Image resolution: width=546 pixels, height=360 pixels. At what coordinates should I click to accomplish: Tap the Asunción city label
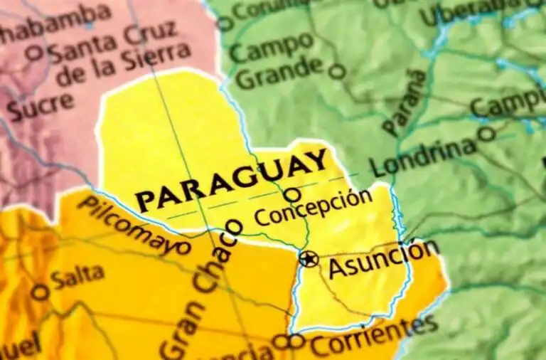click(x=383, y=259)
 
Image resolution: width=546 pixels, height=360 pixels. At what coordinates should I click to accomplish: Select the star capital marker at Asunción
click(x=309, y=258)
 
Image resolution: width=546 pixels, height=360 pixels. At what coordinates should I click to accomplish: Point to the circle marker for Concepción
click(x=291, y=194)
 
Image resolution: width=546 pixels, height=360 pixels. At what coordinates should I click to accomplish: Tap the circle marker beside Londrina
click(x=487, y=133)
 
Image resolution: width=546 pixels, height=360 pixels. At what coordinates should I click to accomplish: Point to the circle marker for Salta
click(x=41, y=292)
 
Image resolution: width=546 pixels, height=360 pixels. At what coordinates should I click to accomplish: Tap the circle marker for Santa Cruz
click(x=33, y=53)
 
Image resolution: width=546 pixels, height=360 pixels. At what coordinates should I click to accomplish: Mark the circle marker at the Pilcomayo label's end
click(x=183, y=248)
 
